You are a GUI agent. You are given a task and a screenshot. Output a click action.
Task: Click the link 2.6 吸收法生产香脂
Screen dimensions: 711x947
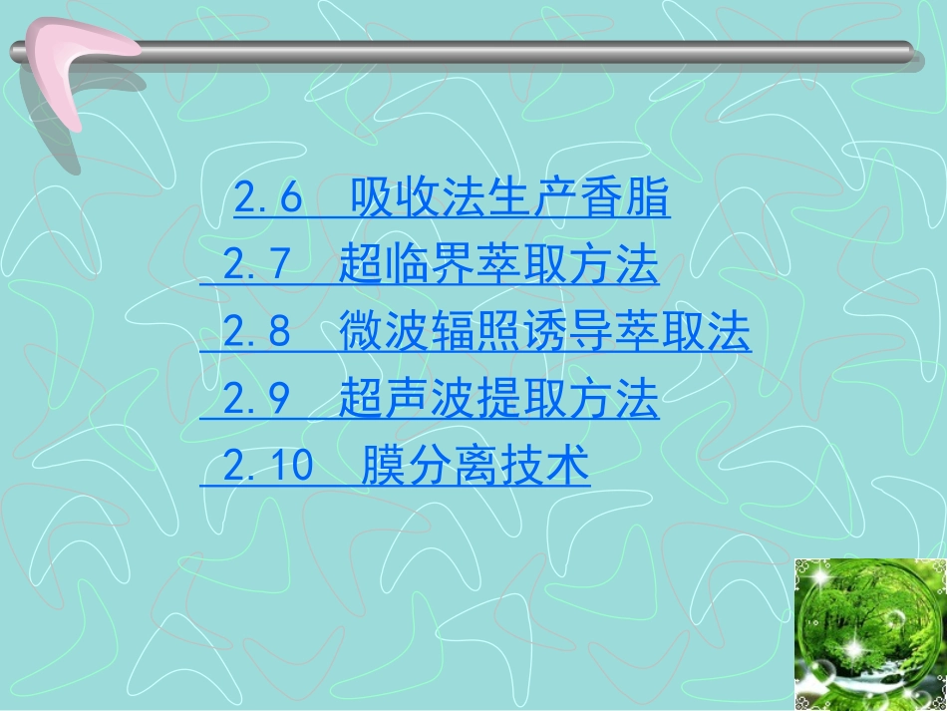pos(452,200)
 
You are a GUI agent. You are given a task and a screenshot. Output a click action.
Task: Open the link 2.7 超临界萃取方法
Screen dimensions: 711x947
pos(430,266)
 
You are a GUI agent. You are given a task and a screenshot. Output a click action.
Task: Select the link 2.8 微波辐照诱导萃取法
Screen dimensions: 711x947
pos(475,332)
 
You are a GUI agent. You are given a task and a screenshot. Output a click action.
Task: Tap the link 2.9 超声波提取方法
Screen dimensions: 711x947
pos(430,400)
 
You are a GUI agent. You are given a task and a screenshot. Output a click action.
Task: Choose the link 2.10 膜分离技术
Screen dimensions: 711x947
pos(395,466)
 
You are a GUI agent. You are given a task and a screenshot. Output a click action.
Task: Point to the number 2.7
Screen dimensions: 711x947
pos(256,266)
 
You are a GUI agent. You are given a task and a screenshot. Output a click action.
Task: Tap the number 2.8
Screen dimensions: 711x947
pos(256,332)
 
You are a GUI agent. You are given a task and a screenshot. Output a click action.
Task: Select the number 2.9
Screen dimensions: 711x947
pos(256,400)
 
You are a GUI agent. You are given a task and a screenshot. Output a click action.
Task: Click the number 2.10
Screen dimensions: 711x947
pos(268,466)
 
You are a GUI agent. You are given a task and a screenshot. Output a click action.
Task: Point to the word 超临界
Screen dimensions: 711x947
pos(386,266)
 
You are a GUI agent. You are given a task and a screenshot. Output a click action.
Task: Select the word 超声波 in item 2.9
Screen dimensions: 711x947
pos(386,400)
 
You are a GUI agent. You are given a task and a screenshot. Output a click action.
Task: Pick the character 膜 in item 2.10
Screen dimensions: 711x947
pos(379,466)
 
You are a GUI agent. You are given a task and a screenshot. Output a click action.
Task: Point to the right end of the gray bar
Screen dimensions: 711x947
pos(902,52)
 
